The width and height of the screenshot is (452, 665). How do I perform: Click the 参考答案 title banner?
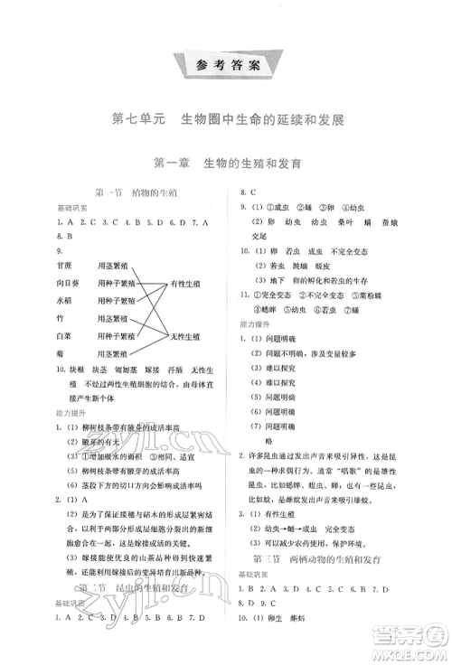(x=227, y=65)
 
